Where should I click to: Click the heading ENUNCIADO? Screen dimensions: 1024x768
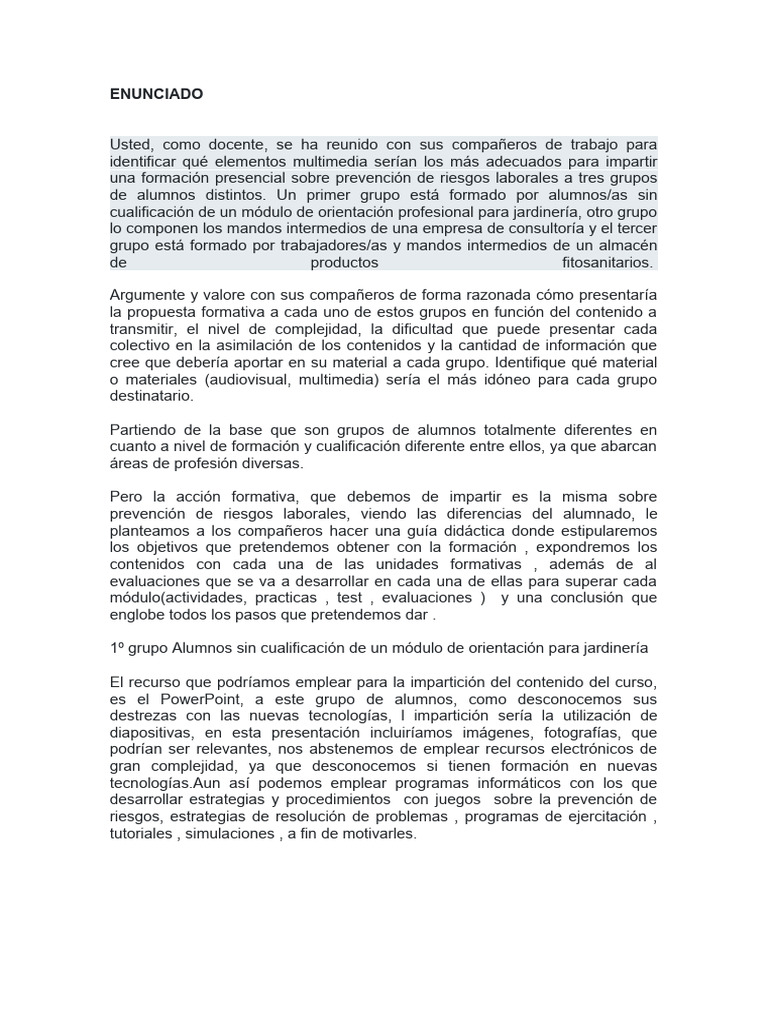(157, 94)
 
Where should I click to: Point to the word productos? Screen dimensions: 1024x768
(344, 263)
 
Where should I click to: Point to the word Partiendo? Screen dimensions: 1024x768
(143, 429)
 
